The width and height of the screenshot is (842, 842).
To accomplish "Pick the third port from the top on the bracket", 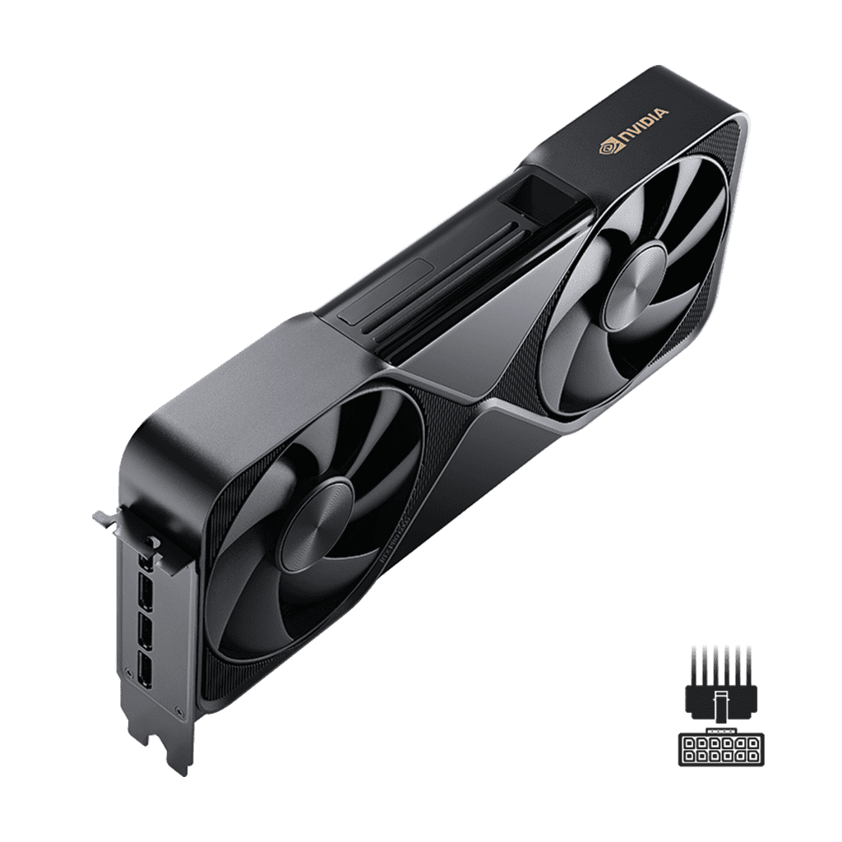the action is (145, 631).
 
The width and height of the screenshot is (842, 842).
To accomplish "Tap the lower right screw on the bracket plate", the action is (179, 710).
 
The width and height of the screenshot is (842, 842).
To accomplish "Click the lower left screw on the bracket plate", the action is (127, 672).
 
